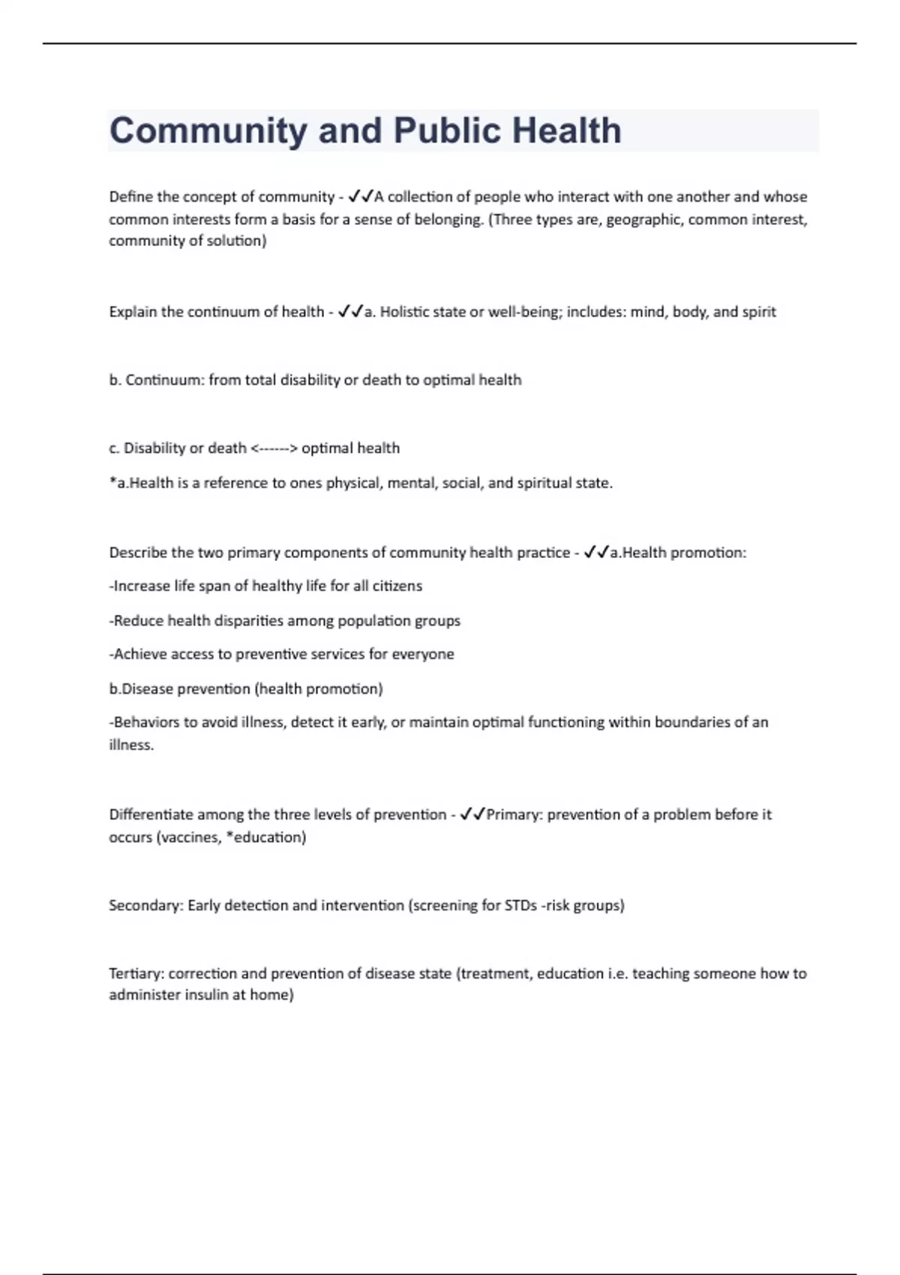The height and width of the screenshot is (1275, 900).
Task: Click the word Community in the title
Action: click(208, 131)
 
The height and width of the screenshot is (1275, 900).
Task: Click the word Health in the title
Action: click(567, 131)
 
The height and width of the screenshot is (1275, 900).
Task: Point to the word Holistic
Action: click(404, 312)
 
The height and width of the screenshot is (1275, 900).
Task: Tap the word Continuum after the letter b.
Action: click(164, 380)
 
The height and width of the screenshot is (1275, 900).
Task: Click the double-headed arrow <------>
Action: click(274, 448)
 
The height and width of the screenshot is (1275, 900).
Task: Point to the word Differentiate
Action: click(151, 814)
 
